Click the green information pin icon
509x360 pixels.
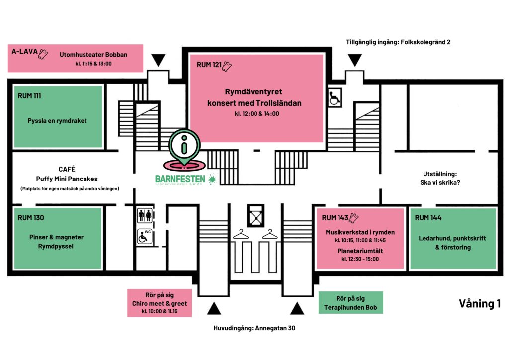(184, 145)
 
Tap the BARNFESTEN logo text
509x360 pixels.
(180, 178)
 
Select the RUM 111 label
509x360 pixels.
(29, 96)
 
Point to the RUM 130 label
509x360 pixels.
(30, 217)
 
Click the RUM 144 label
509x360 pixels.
(428, 217)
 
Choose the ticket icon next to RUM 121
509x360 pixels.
(228, 65)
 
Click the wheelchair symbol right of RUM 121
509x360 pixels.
(334, 97)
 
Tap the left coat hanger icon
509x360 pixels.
(241, 233)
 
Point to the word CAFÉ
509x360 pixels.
(67, 169)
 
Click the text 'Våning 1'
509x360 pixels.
(479, 304)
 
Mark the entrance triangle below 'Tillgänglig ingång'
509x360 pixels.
(355, 61)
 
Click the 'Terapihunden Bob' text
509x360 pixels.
(350, 308)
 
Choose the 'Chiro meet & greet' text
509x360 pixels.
(159, 304)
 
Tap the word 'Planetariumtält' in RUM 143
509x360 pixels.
(360, 250)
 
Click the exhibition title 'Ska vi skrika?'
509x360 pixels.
(438, 182)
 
